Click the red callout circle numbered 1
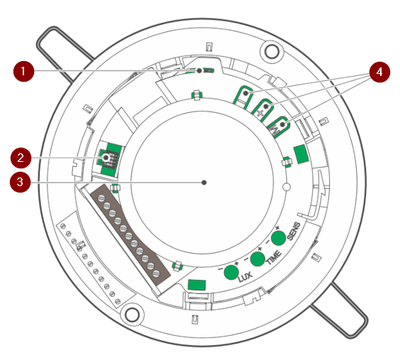click(23, 71)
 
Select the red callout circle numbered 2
click(21, 158)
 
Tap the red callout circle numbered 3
click(20, 182)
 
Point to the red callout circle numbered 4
click(379, 72)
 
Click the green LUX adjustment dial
click(231, 272)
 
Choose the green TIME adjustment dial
click(257, 258)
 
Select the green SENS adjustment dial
click(278, 238)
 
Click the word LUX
click(245, 276)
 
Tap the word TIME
click(274, 258)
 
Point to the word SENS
click(294, 231)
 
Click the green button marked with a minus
click(243, 98)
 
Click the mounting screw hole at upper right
click(272, 51)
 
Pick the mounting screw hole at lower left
click(132, 315)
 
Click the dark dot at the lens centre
click(204, 182)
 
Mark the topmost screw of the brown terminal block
click(101, 198)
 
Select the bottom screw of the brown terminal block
click(155, 274)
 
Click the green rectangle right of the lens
click(301, 154)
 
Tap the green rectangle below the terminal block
click(196, 285)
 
